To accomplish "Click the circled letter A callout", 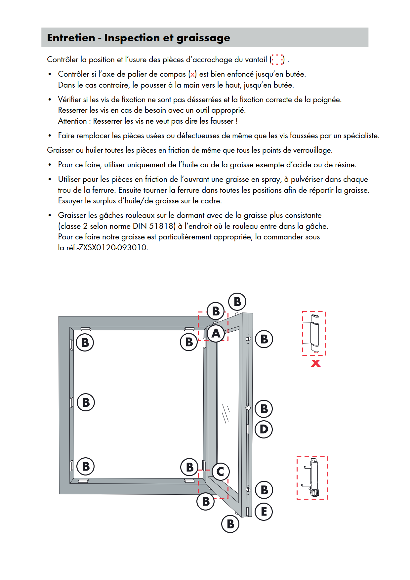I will click(x=216, y=333).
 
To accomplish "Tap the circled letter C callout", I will click(x=221, y=472).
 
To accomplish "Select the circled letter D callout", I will click(x=264, y=429).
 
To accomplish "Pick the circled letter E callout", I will click(x=264, y=512).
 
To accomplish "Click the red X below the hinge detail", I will click(x=316, y=363).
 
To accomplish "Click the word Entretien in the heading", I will click(x=71, y=38).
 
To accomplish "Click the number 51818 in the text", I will click(x=162, y=226).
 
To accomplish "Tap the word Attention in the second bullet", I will click(x=72, y=121).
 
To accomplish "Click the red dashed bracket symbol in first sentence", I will click(x=277, y=60).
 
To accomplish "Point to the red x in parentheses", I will click(x=192, y=74).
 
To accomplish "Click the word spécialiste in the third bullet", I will click(x=361, y=136).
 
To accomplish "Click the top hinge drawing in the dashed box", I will click(x=314, y=333).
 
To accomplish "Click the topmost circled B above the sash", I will click(x=237, y=302).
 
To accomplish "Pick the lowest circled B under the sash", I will click(x=230, y=524).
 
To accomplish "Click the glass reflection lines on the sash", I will click(x=225, y=413).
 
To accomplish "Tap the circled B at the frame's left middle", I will click(x=86, y=402).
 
